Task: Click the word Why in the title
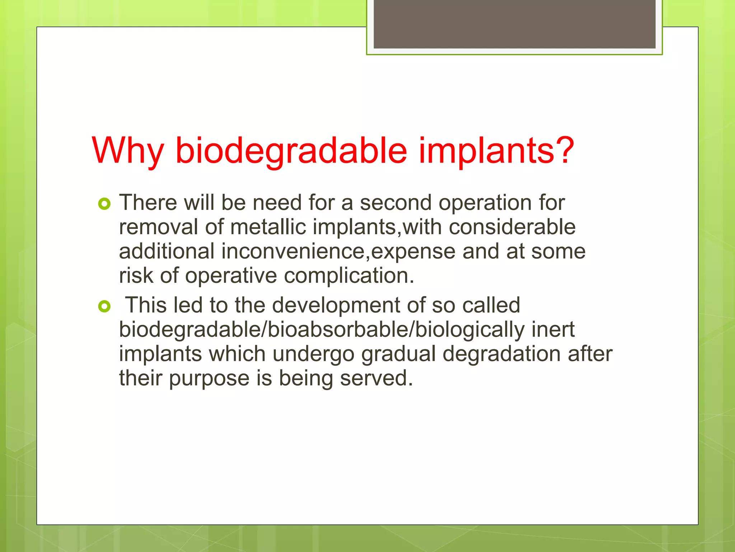click(128, 151)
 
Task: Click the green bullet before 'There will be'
click(104, 204)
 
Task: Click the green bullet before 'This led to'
click(104, 307)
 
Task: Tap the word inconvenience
click(293, 251)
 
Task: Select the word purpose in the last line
click(209, 378)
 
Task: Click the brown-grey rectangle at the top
click(514, 24)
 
